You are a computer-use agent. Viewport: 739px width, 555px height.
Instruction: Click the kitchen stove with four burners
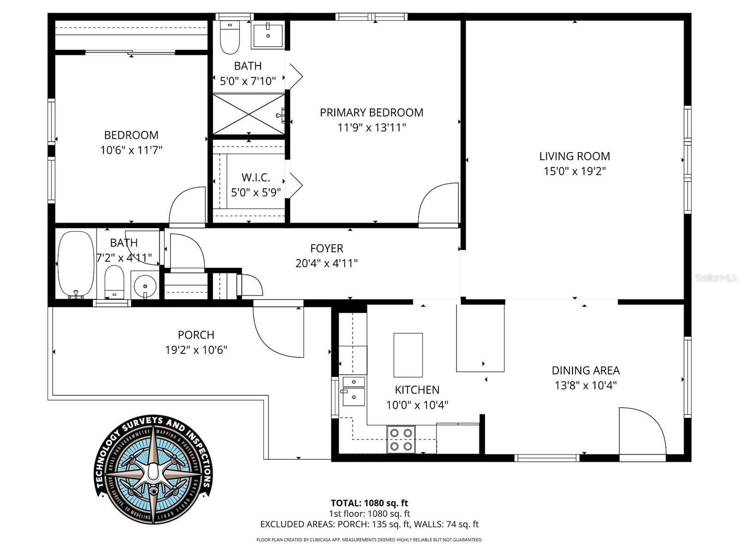click(401, 439)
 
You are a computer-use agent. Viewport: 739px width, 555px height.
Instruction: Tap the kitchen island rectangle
click(408, 355)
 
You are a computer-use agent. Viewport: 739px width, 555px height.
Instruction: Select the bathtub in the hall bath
click(76, 265)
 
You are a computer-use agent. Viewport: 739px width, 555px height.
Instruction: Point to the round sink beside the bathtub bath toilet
click(144, 285)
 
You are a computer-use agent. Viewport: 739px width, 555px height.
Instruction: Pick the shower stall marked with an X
click(248, 114)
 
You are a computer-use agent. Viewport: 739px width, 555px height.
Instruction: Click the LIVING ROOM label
click(574, 156)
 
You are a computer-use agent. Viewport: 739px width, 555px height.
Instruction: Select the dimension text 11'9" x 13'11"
click(371, 127)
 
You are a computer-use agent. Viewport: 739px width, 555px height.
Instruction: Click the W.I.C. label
click(255, 178)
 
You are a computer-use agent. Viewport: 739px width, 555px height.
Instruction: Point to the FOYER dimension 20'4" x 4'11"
click(327, 263)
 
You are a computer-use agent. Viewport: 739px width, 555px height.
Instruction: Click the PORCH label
click(196, 334)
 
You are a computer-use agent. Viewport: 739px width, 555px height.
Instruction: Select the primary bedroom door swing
click(439, 205)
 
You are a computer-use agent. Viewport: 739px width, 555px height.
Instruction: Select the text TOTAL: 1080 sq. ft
click(369, 503)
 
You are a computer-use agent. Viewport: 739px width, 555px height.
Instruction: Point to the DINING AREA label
click(585, 370)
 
